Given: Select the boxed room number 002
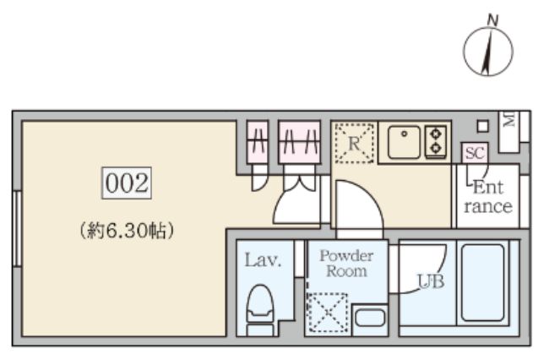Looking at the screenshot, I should pos(127,183).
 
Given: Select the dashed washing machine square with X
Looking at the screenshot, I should pos(327,313).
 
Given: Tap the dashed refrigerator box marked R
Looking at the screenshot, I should pos(354,143).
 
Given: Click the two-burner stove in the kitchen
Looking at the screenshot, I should pos(436,141).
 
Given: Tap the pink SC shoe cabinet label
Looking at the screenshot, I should pos(474,153).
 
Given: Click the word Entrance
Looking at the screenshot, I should pos(487,197).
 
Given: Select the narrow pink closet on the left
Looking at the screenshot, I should pos(258,141).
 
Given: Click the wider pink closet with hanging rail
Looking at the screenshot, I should pos(300,141).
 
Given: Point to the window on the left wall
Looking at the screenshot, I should pos(16,228).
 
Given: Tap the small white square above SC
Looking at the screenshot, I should pos(482,127).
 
